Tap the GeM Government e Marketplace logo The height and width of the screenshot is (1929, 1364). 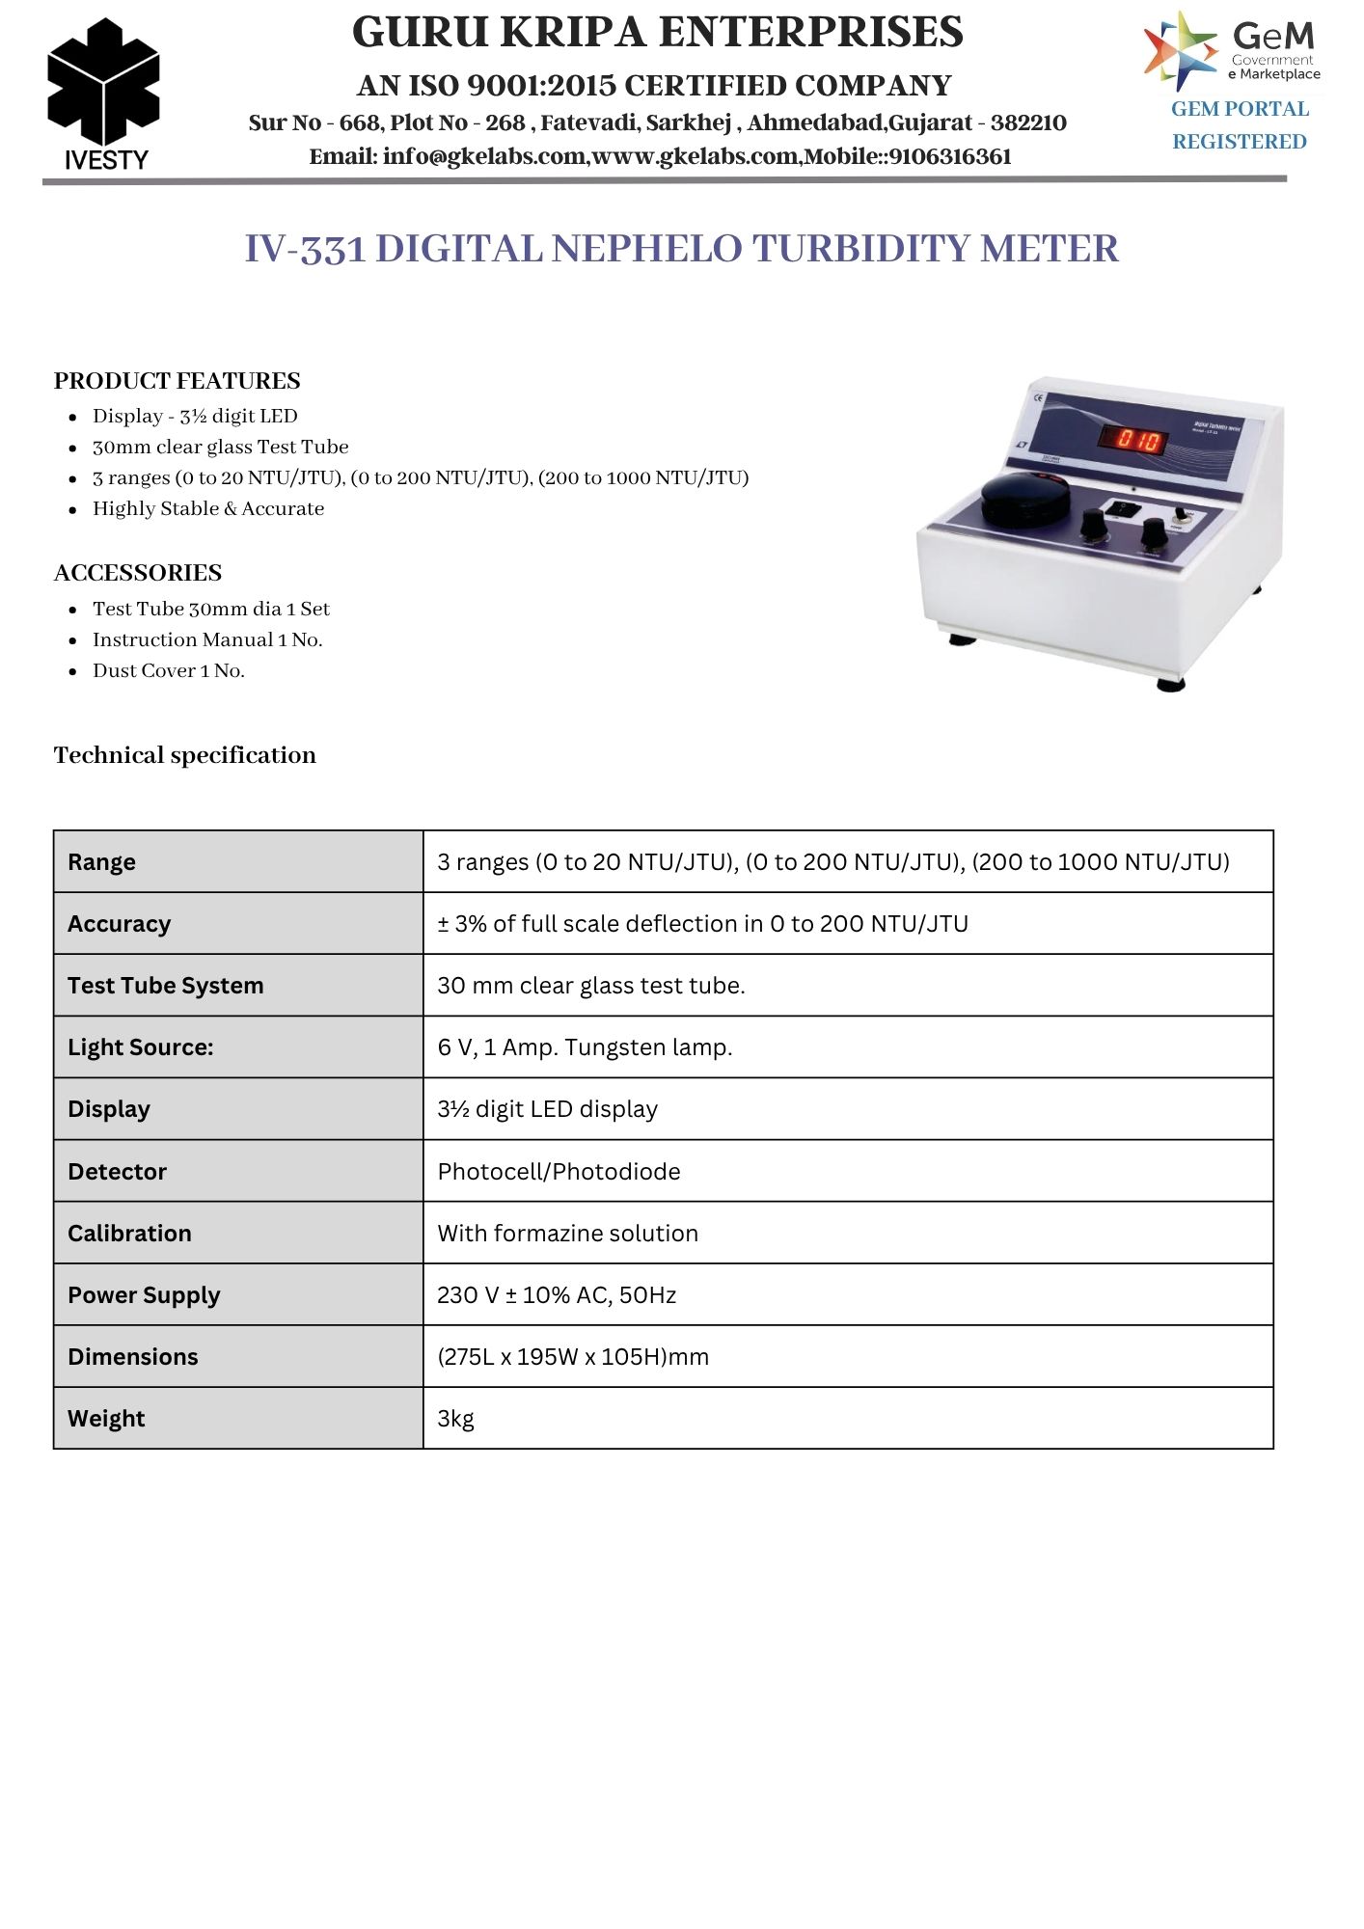1232,50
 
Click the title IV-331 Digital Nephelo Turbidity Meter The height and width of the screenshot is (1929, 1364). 681,249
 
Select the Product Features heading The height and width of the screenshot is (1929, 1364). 177,381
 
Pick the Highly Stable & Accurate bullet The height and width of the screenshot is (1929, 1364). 208,509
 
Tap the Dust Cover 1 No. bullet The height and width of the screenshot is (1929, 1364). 169,671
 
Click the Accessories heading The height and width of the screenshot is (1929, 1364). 137,573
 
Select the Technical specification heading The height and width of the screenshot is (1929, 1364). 184,755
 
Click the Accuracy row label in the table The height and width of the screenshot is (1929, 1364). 119,924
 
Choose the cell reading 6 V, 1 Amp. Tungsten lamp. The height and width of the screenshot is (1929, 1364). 585,1047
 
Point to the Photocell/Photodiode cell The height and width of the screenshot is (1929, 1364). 559,1172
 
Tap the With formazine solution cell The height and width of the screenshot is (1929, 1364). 567,1234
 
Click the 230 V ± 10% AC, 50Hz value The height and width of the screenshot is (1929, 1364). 557,1295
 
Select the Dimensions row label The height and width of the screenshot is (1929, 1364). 132,1357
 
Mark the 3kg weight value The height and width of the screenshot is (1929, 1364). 455,1419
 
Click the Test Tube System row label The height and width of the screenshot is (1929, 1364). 165,986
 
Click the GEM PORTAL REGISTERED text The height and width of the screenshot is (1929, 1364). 1240,125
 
